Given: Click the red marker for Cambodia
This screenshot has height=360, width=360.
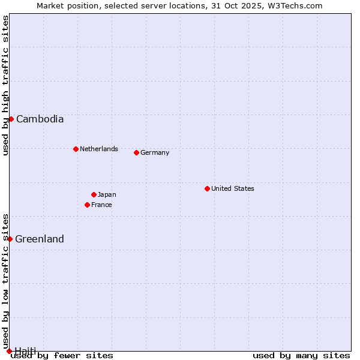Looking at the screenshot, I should pos(11,119).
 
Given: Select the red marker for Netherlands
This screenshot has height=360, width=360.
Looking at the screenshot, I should pos(76,149).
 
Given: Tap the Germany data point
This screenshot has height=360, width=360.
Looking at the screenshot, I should pos(136,152).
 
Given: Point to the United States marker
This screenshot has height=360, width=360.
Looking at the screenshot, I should pos(207,188).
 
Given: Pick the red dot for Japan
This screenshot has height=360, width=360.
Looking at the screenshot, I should pos(94,194).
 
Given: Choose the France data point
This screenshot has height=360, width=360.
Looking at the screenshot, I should pos(87,205).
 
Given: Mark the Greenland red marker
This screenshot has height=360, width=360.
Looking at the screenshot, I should pos(10,239).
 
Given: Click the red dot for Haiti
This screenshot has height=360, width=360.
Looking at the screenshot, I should pos(9,351).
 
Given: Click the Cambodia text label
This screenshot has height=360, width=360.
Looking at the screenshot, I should pos(40,119).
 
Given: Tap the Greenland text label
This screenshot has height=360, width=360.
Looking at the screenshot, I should pos(40,239).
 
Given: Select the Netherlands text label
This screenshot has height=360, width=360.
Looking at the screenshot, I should pos(99,149).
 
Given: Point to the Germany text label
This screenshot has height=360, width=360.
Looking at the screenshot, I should pos(155,152).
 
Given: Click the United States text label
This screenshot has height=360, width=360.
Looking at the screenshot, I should pos(233,188).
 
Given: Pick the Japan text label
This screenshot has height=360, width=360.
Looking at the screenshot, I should pos(107,194).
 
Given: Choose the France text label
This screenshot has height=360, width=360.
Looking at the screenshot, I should pos(101,205).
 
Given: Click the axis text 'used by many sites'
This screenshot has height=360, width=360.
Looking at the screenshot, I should pos(301,355).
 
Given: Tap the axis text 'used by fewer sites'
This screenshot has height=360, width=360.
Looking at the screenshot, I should pos(62,355).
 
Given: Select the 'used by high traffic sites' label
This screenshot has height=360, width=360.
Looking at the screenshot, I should pos(6,85).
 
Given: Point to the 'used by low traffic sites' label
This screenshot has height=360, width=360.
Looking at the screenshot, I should pos(6,281).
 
